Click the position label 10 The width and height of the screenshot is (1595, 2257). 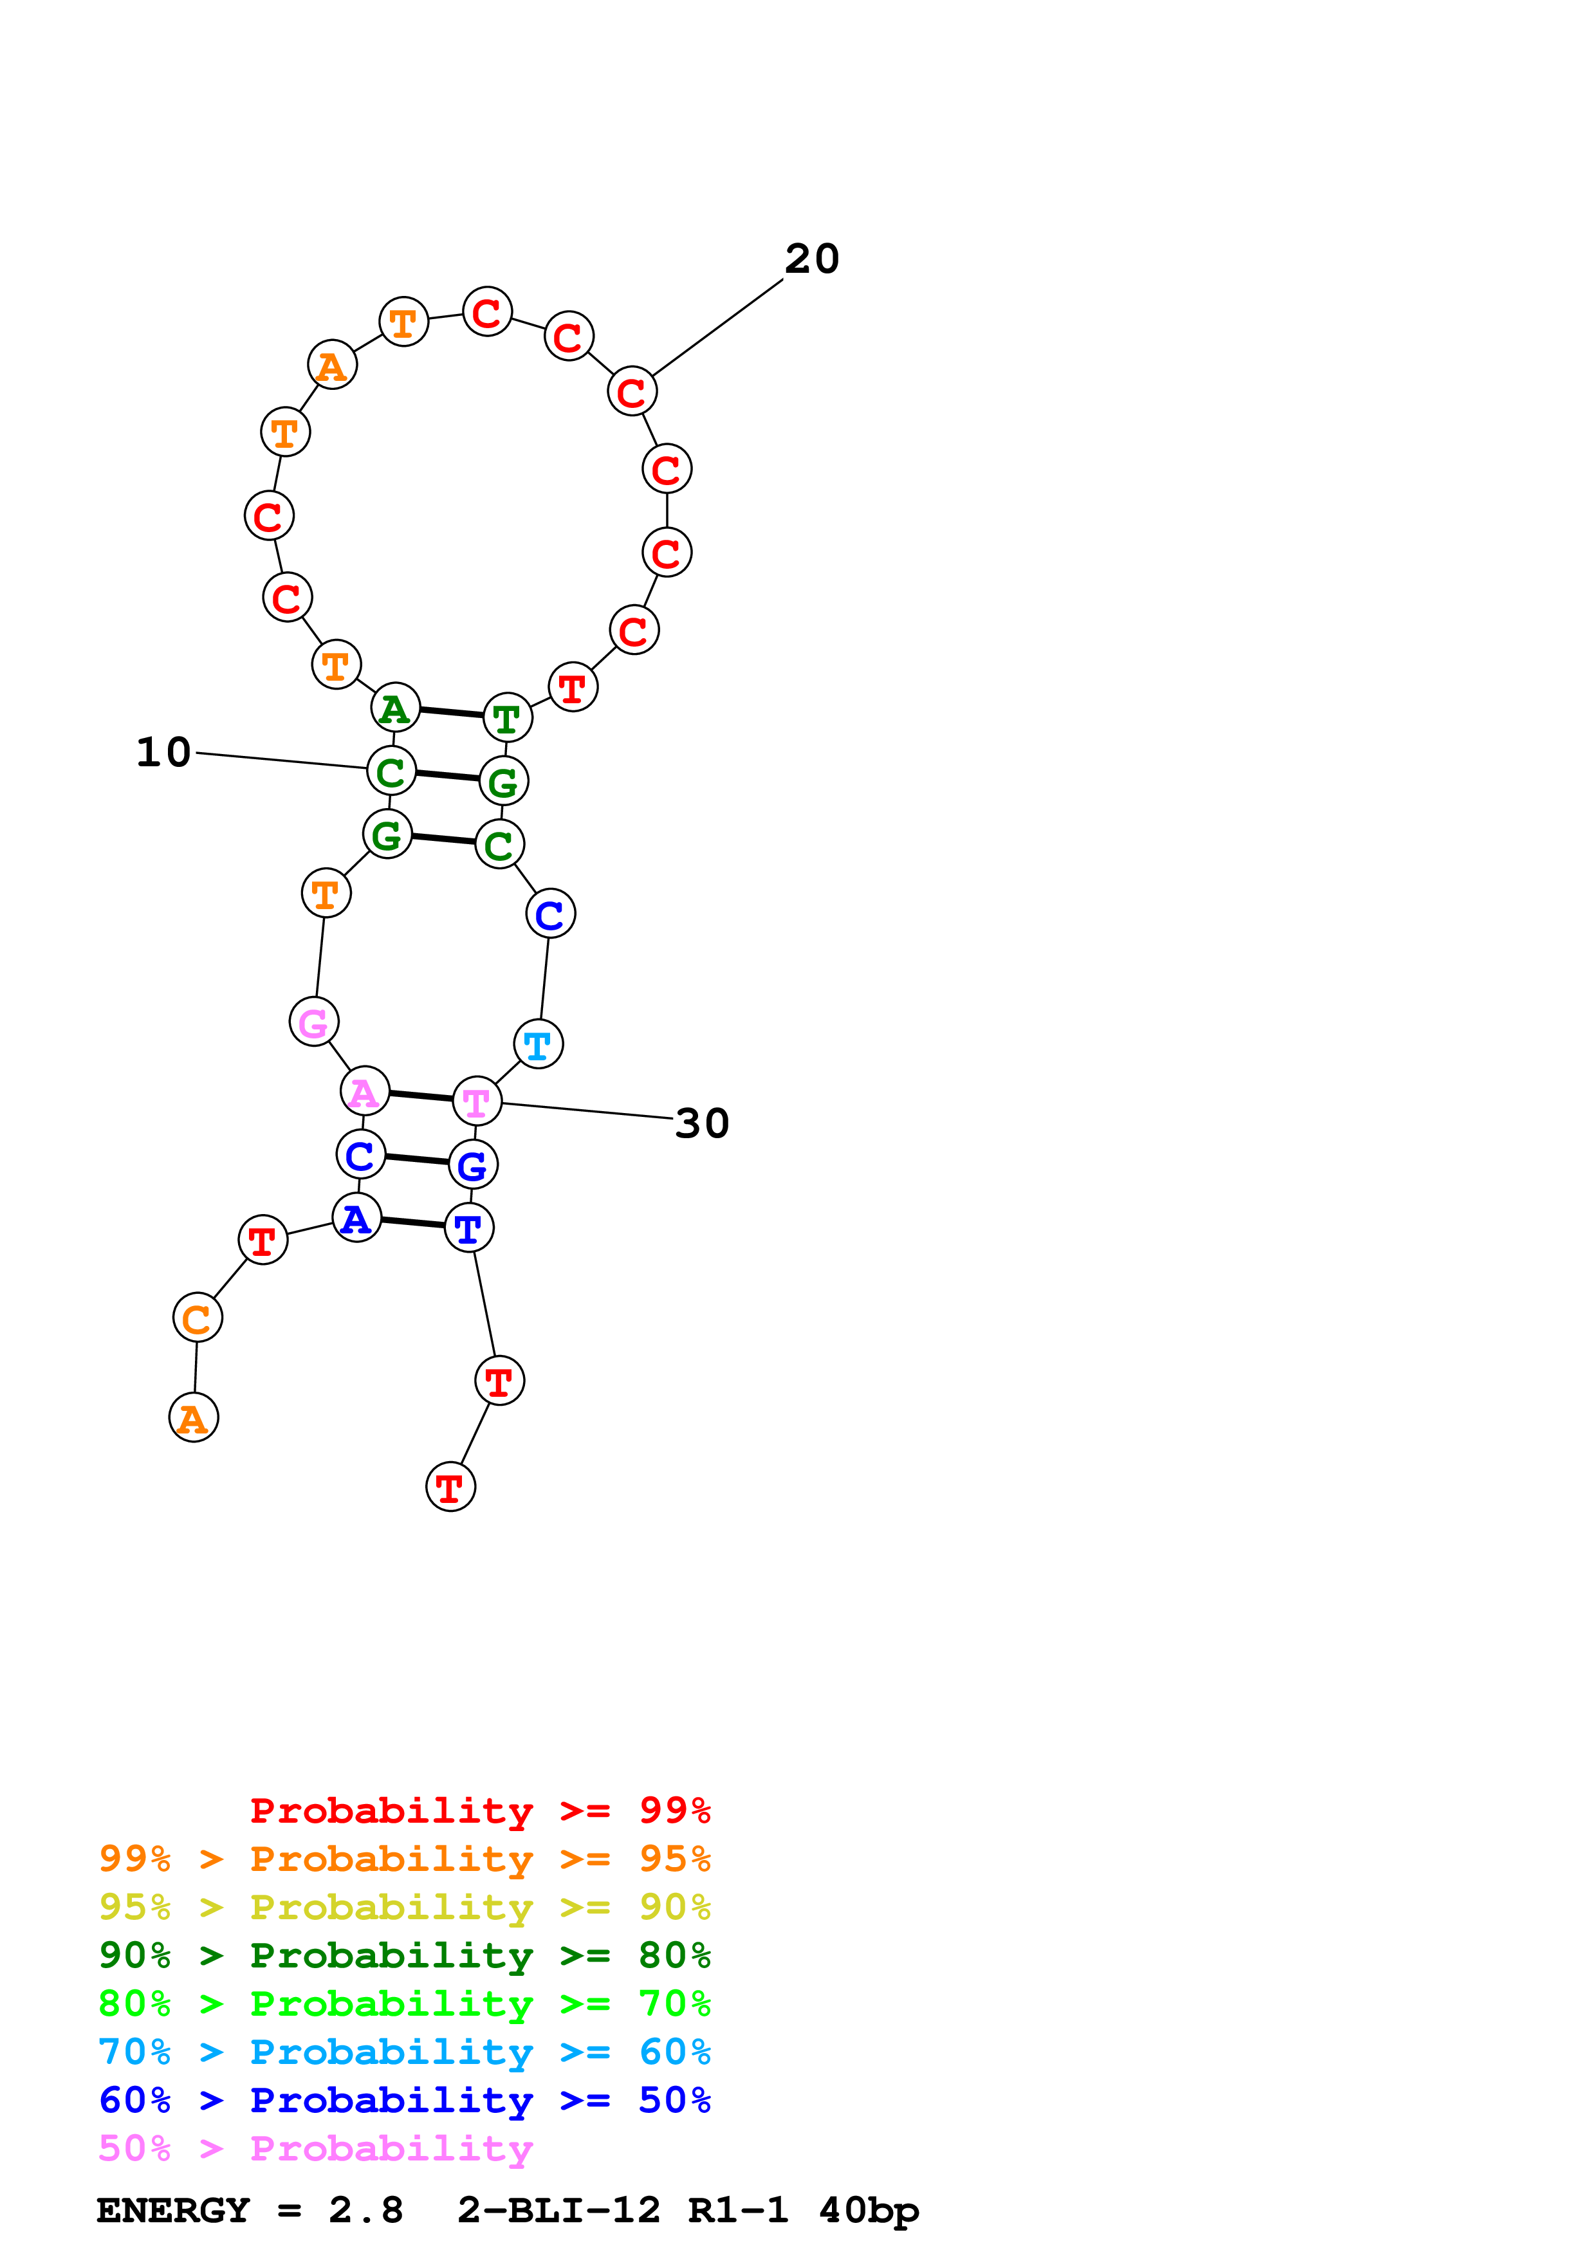pyautogui.click(x=163, y=752)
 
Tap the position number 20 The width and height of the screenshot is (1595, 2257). pyautogui.click(x=812, y=259)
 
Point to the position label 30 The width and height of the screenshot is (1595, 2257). pyautogui.click(x=702, y=1123)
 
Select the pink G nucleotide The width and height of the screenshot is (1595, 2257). pyautogui.click(x=313, y=1022)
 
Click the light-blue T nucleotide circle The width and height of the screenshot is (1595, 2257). pyautogui.click(x=539, y=1044)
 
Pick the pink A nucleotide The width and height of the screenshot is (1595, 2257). pyautogui.click(x=365, y=1091)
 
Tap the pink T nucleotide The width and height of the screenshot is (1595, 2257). pyautogui.click(x=477, y=1102)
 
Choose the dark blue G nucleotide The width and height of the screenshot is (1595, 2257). pyautogui.click(x=473, y=1165)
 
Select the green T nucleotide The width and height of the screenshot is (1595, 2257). pyautogui.click(x=507, y=719)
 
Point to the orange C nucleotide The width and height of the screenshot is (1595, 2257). pyautogui.click(x=198, y=1318)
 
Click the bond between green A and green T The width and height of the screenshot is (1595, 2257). pyautogui.click(x=451, y=713)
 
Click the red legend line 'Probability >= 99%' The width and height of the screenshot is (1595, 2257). pyautogui.click(x=479, y=1810)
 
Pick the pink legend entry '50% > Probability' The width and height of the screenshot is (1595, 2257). pyautogui.click(x=315, y=2148)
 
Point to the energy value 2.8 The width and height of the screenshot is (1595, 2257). pyautogui.click(x=365, y=2211)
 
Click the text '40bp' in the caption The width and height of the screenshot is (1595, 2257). pyautogui.click(x=868, y=2211)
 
